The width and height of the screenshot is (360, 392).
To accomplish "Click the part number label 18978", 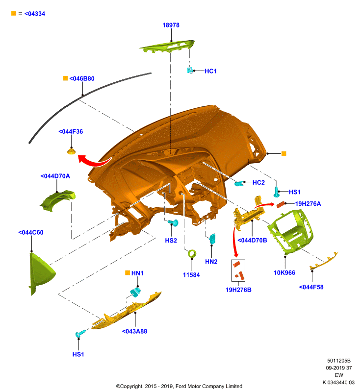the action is point(171,25).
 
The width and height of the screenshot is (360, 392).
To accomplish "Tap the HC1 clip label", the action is point(210,71).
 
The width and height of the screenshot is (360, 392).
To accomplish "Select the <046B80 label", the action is point(82,78).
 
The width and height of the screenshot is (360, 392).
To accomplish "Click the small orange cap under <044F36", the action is point(71,151).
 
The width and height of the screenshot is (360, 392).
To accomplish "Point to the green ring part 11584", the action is point(192,253).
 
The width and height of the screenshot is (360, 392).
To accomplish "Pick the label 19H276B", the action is point(238,290).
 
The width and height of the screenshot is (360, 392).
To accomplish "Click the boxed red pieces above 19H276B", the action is point(238,270).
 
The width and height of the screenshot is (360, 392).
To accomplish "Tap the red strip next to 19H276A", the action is point(281,204).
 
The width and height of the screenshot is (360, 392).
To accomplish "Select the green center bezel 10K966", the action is point(291,232).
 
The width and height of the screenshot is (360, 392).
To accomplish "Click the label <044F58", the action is point(311,287).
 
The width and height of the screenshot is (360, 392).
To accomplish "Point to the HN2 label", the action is point(211,262).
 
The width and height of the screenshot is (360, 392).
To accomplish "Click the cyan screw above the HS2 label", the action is point(173,222).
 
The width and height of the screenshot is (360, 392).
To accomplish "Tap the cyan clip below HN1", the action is point(135,292).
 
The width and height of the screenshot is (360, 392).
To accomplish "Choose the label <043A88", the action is point(134,331).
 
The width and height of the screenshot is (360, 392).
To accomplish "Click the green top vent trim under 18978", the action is point(167,46).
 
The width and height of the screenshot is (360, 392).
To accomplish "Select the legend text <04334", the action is point(35,14).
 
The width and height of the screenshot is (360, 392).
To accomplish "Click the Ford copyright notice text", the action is point(179,386).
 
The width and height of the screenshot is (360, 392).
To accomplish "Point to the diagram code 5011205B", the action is point(339,361).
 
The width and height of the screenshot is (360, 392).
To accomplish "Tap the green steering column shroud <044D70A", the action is point(58,200).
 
